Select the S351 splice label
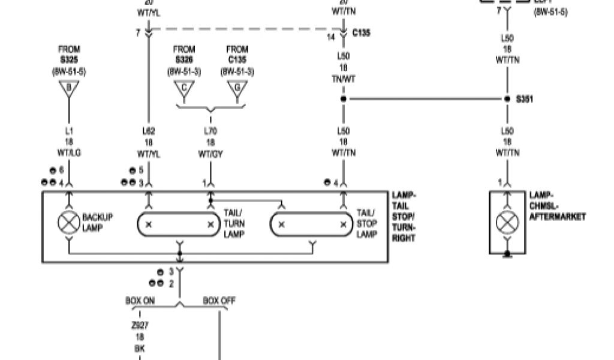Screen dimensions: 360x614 pyautogui.click(x=525, y=99)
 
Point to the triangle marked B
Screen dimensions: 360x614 pyautogui.click(x=69, y=90)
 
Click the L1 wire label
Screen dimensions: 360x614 pyautogui.click(x=69, y=131)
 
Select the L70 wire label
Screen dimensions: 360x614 pyautogui.click(x=210, y=131)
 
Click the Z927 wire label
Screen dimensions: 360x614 pyautogui.click(x=140, y=326)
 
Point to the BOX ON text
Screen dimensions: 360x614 pyautogui.click(x=140, y=301)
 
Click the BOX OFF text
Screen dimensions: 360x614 pyautogui.click(x=218, y=301)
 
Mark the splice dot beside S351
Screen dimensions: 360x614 pyautogui.click(x=507, y=99)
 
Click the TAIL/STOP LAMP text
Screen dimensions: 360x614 pyautogui.click(x=366, y=223)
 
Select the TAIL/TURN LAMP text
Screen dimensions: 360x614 pyautogui.click(x=234, y=223)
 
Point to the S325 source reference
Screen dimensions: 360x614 pyautogui.click(x=69, y=61)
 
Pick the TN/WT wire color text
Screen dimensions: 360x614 pyautogui.click(x=344, y=79)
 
